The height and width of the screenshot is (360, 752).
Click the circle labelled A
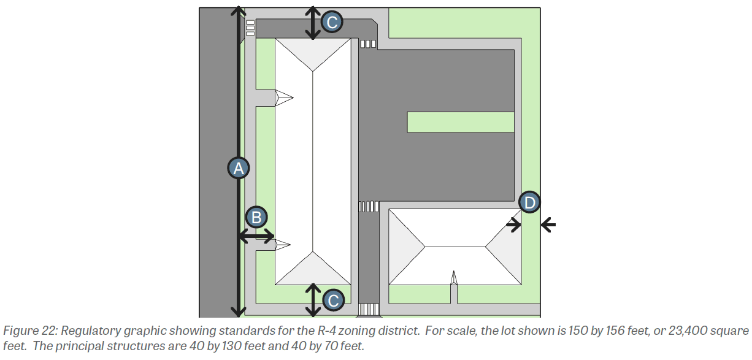click(239, 168)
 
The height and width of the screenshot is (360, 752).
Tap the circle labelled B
click(256, 217)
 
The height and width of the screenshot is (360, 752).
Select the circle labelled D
click(529, 202)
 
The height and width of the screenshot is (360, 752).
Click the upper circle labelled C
click(332, 22)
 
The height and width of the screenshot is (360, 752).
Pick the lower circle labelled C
click(333, 301)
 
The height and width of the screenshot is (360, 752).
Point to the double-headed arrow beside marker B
click(256, 236)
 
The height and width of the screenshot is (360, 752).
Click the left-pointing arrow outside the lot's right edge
click(548, 224)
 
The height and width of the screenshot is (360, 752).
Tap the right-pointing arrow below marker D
click(513, 224)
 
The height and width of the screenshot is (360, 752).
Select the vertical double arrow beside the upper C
click(313, 23)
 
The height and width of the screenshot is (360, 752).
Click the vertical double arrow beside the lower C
click(313, 300)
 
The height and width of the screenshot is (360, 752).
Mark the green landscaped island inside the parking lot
click(461, 122)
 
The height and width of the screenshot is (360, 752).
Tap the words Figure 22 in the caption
click(29, 331)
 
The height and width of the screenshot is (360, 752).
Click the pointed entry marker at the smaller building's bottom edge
click(453, 278)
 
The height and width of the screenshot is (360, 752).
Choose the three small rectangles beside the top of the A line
click(250, 28)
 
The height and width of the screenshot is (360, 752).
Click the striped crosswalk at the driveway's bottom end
click(369, 309)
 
